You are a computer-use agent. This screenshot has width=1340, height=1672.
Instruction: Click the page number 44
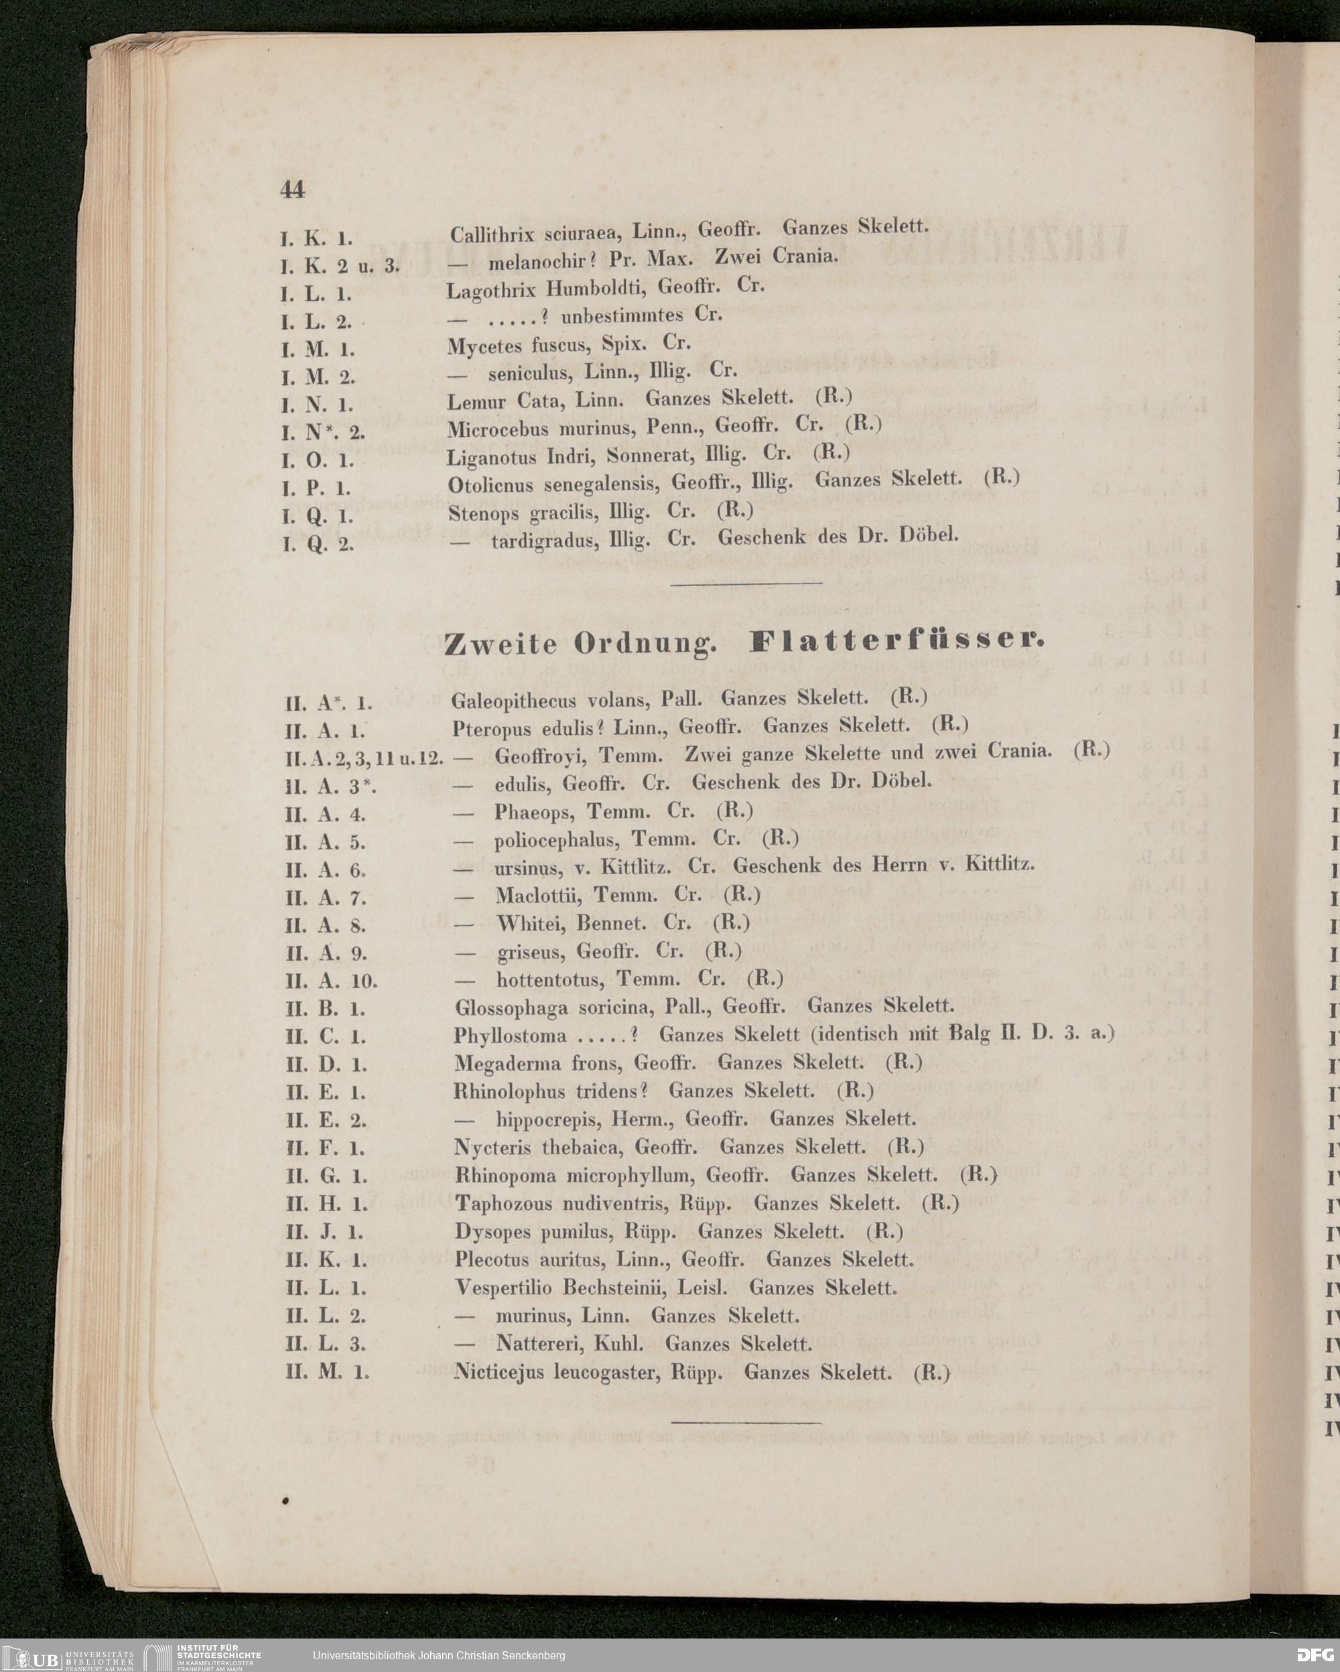pyautogui.click(x=292, y=189)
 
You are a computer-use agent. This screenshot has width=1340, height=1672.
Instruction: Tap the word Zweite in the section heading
pyautogui.click(x=501, y=644)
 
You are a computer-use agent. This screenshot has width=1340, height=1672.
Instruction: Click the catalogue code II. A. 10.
pyautogui.click(x=331, y=981)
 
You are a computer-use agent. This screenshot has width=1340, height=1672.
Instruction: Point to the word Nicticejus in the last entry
pyautogui.click(x=500, y=1372)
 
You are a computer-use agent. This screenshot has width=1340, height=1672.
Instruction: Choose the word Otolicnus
pyautogui.click(x=490, y=486)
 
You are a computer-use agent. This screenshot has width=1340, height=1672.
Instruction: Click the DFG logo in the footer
pyautogui.click(x=1315, y=1655)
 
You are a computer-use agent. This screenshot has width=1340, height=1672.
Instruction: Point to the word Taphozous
pyautogui.click(x=503, y=1204)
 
